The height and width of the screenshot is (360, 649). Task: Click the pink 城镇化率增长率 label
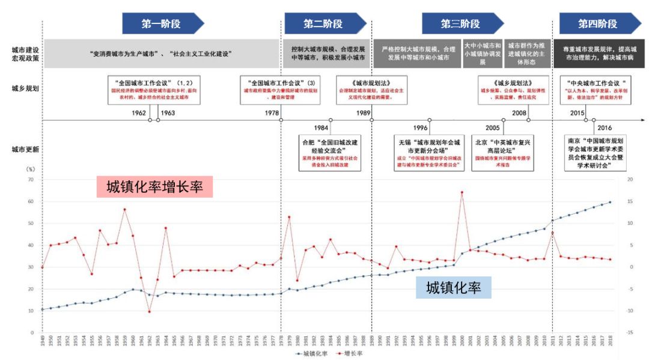[x=155, y=187]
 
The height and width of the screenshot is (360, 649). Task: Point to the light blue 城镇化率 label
[x=454, y=288]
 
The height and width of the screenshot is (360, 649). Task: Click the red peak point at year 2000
[x=462, y=192]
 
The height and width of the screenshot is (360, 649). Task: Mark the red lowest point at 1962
[x=149, y=311]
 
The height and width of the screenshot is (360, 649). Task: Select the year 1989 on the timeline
[x=362, y=112]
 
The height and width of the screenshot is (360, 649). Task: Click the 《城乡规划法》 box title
[x=504, y=82]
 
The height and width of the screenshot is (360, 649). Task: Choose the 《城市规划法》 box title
[x=353, y=82]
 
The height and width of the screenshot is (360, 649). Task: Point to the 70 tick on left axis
[x=30, y=180]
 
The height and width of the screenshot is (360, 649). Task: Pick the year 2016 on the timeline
[x=605, y=127]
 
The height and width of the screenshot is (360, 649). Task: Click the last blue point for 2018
[x=610, y=202]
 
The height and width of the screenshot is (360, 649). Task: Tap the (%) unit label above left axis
[x=32, y=170]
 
